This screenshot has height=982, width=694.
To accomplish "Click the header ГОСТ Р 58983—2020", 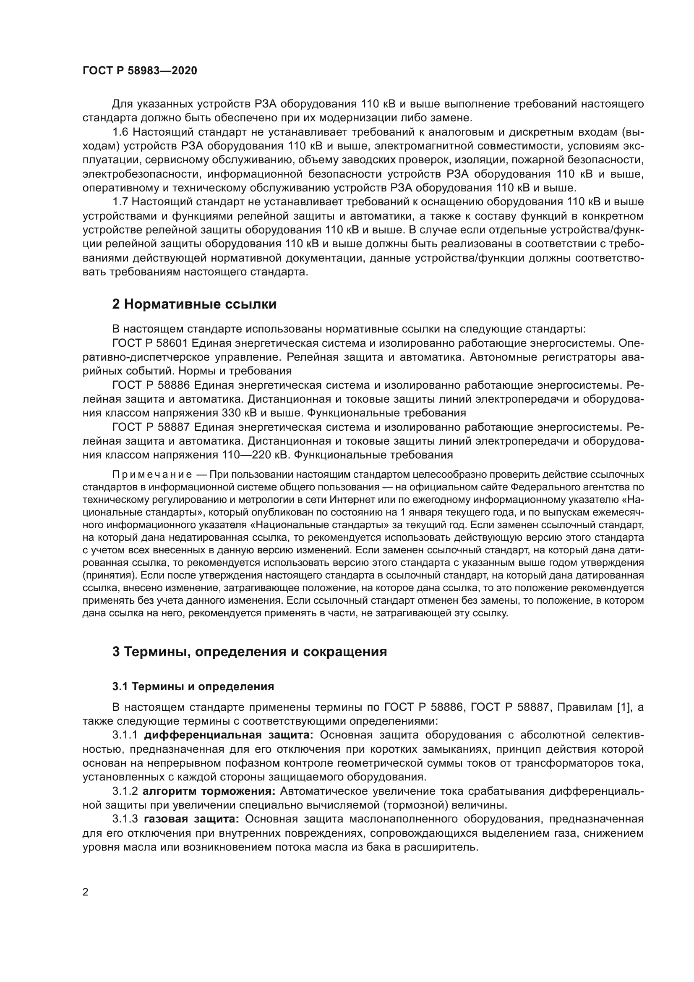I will [x=140, y=71].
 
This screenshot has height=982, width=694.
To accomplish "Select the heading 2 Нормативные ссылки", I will [x=194, y=304].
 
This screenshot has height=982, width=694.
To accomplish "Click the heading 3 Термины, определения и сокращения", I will [x=250, y=652].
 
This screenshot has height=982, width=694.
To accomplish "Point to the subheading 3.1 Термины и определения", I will [x=193, y=687].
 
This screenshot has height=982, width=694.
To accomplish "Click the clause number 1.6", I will [x=120, y=132].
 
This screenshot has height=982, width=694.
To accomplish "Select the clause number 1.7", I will [x=120, y=202].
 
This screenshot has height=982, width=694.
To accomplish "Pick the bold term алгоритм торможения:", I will [x=209, y=791].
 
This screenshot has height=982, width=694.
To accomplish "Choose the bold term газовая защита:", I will [x=192, y=820].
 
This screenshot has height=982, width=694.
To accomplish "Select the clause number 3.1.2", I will [x=125, y=791].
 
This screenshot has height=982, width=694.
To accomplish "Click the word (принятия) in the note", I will [x=109, y=575].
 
